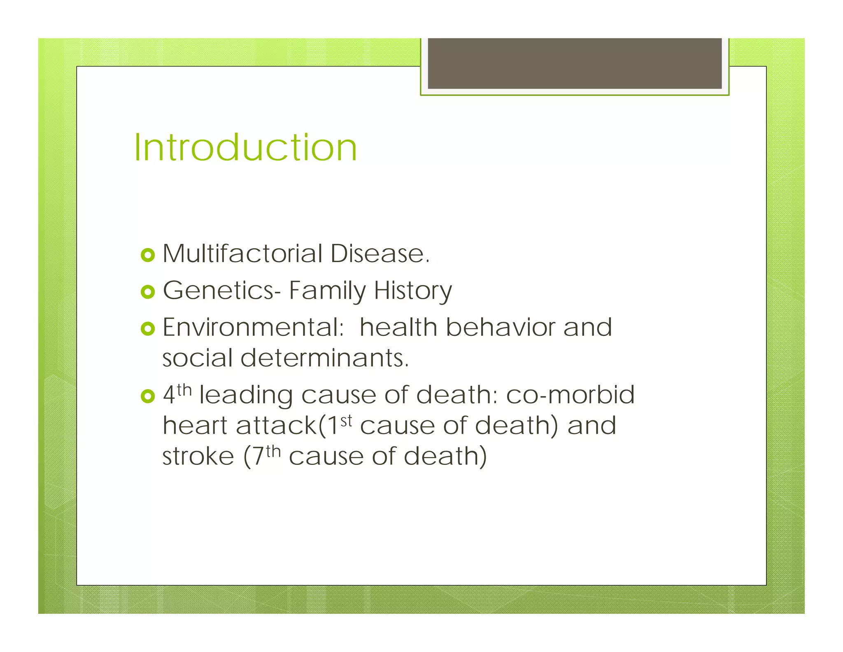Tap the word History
(413, 291)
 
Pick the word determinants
(325, 358)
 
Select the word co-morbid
(570, 395)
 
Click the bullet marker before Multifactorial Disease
(147, 255)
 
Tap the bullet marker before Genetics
(147, 292)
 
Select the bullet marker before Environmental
(147, 329)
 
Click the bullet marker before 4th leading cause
(147, 396)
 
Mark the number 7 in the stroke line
(258, 457)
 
